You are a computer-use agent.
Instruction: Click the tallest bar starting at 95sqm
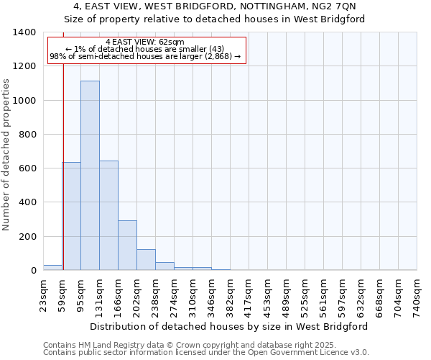click(x=90, y=176)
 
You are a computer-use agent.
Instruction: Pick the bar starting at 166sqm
click(x=127, y=246)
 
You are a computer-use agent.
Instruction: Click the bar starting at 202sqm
click(x=146, y=260)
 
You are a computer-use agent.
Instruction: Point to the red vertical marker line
click(x=63, y=158)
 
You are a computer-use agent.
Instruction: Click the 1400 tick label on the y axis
click(x=24, y=32)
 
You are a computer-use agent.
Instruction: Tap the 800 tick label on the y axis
click(x=27, y=135)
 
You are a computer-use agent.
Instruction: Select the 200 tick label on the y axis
click(x=27, y=237)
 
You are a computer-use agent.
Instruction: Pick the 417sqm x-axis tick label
click(x=249, y=294)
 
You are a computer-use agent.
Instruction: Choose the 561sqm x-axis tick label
click(x=323, y=294)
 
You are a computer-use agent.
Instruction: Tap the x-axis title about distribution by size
click(x=230, y=326)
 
